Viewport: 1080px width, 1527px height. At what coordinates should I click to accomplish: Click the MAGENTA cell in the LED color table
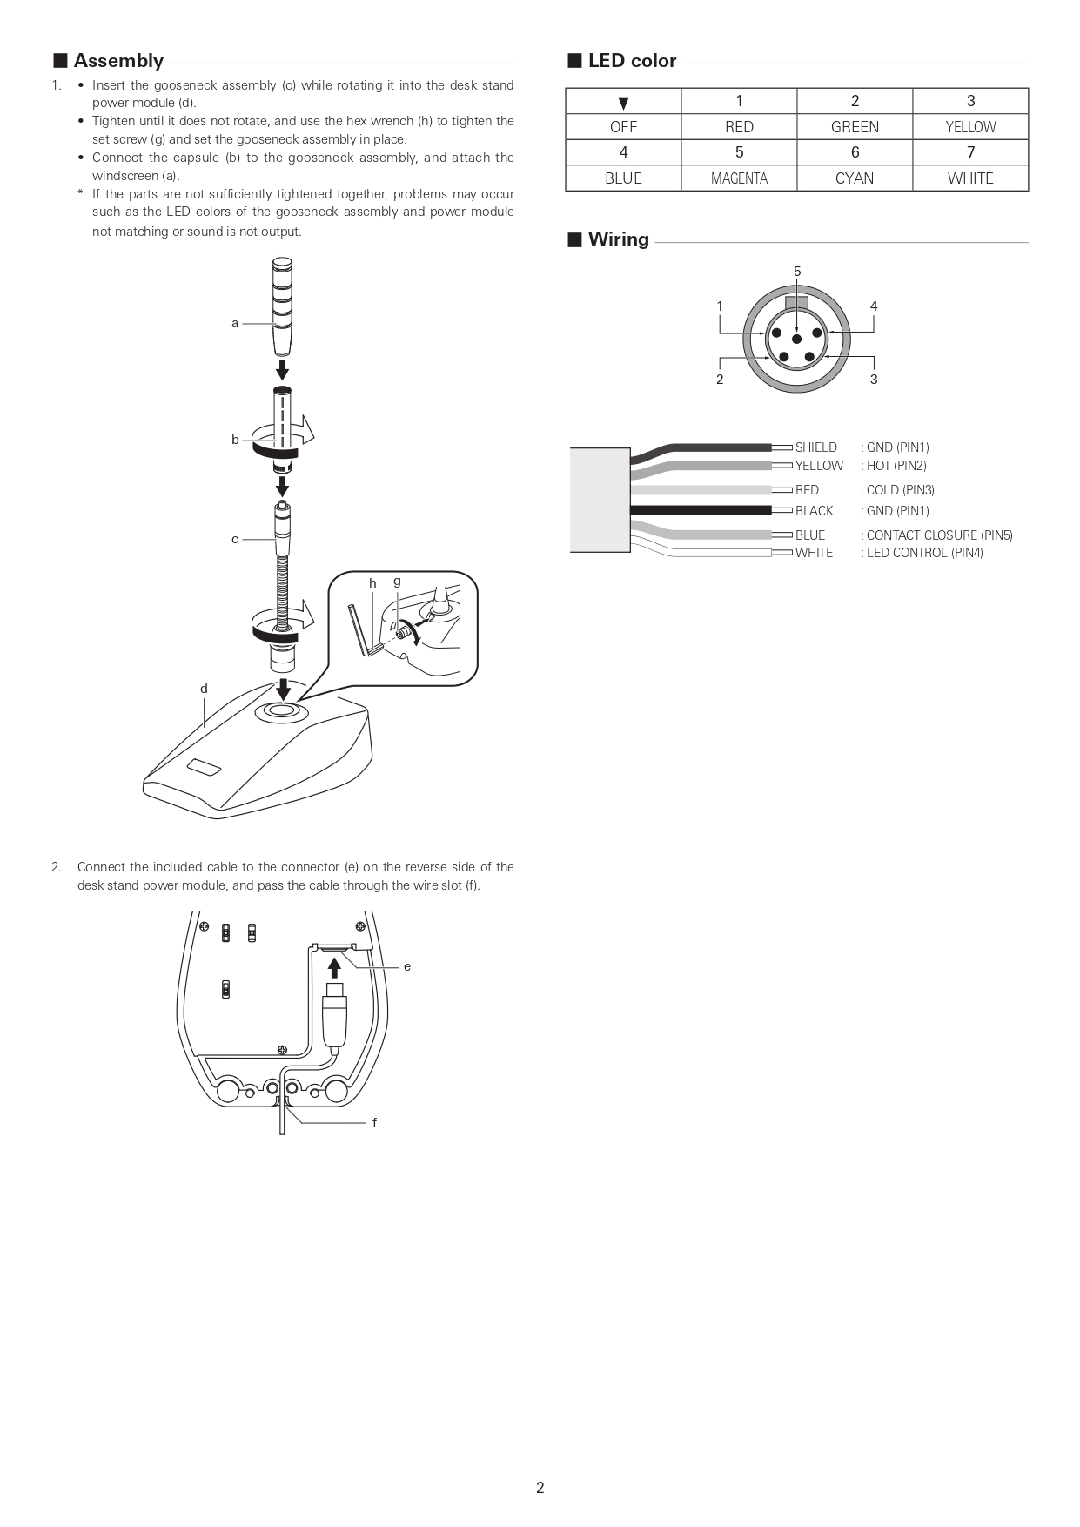click(x=739, y=178)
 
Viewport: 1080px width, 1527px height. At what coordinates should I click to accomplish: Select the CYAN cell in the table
click(x=855, y=178)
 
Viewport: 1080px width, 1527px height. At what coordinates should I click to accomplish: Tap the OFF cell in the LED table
click(x=623, y=127)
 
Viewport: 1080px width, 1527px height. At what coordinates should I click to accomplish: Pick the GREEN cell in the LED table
click(x=855, y=127)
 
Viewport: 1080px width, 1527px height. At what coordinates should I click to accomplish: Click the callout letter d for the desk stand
click(x=204, y=689)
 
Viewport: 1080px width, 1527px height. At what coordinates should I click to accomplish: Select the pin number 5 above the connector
click(x=797, y=272)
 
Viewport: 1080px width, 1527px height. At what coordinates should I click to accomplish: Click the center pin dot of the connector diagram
click(x=796, y=339)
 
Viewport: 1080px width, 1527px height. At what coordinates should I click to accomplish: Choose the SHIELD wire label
click(x=815, y=447)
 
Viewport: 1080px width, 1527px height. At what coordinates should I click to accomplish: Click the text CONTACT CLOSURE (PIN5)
click(x=940, y=535)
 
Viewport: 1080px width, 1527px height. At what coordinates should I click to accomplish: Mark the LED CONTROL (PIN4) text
click(x=925, y=553)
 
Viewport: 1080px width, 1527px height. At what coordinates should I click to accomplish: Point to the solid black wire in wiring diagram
click(x=701, y=510)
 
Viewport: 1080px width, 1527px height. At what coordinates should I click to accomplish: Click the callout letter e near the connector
click(x=406, y=966)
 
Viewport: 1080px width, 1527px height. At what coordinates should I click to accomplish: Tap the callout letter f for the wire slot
click(x=374, y=1123)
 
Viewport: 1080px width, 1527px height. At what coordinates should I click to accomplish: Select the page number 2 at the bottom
click(x=540, y=1488)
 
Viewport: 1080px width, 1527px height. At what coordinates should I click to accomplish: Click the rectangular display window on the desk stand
click(x=203, y=767)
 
